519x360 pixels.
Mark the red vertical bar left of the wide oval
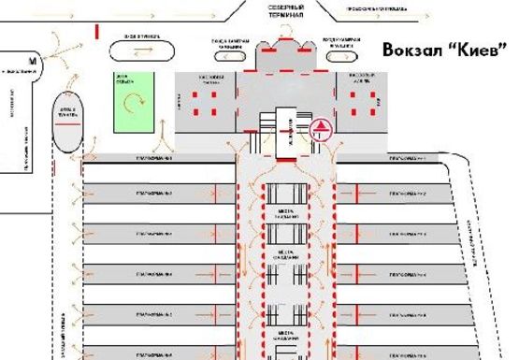pos(97,30)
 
